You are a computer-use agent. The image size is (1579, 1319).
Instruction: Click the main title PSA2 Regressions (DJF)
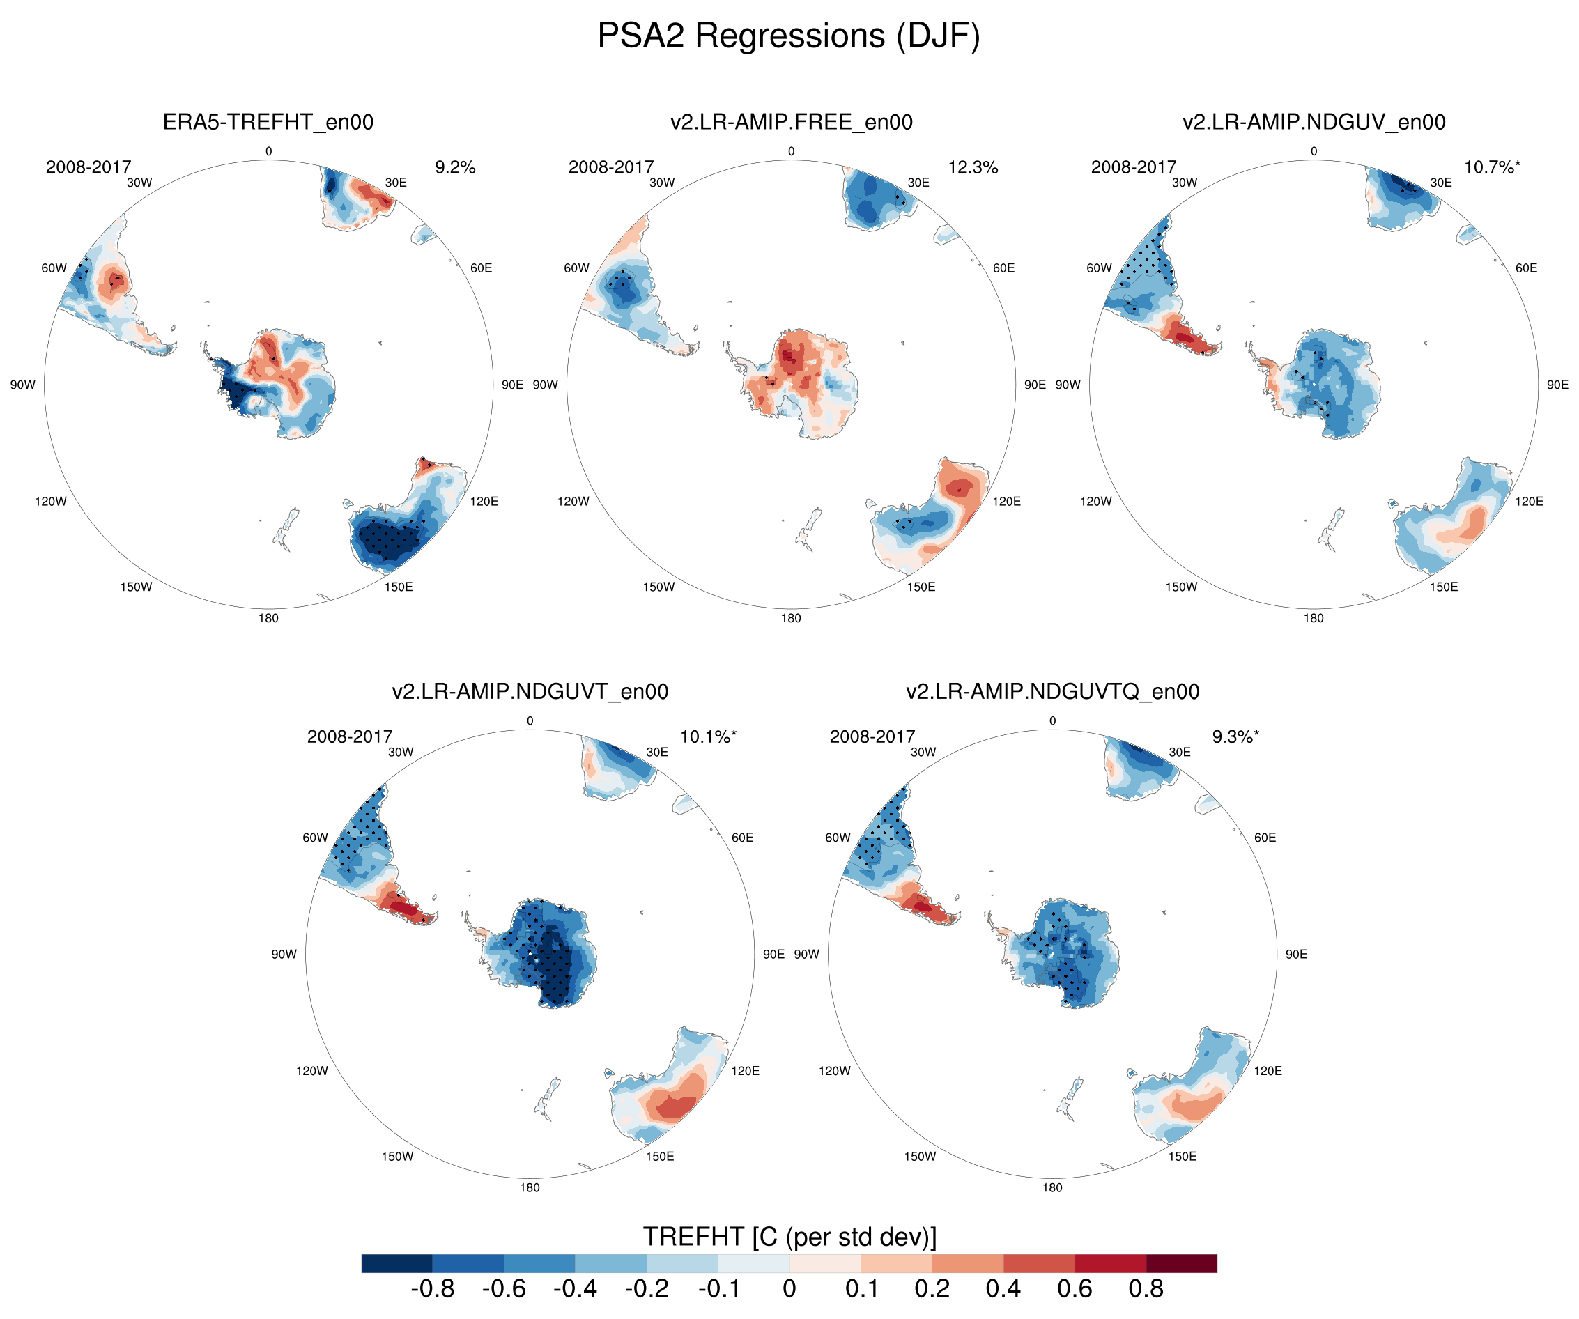click(789, 36)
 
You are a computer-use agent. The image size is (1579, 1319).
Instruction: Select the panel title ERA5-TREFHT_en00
click(268, 122)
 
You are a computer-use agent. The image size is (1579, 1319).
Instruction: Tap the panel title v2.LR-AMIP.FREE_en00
click(791, 122)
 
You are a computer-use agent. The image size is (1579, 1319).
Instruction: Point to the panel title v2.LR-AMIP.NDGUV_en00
click(1314, 122)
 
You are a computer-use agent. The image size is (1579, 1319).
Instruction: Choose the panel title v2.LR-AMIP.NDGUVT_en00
click(530, 691)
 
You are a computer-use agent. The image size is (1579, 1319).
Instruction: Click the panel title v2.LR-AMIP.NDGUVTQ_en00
click(1052, 691)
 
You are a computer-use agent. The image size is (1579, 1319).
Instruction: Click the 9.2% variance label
click(455, 167)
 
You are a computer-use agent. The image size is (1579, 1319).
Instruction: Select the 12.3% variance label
click(972, 167)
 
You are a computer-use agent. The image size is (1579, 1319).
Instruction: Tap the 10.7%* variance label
click(1492, 167)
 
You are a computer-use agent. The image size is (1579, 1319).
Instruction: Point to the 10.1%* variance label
click(707, 736)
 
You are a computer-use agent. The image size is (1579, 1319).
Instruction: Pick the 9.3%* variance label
click(1235, 736)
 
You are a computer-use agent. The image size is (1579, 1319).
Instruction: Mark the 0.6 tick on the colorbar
click(1075, 1289)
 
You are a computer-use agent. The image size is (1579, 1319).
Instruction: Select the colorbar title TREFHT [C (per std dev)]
click(789, 1237)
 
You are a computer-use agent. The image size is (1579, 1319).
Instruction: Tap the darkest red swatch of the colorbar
click(1181, 1263)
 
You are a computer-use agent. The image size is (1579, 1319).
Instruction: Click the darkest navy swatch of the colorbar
click(396, 1263)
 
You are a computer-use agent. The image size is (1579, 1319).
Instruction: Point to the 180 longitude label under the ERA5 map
click(268, 618)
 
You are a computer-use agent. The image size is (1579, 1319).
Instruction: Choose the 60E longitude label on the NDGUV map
click(1526, 268)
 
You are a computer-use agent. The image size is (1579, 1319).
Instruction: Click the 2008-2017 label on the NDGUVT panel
click(350, 736)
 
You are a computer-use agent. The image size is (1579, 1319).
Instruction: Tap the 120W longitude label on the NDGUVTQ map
click(835, 1071)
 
